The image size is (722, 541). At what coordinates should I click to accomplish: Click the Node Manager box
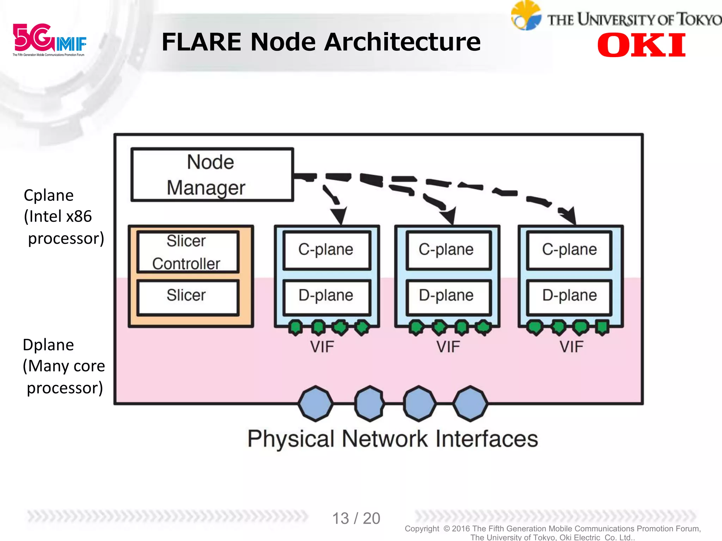[212, 175]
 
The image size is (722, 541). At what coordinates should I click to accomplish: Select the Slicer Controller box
[188, 252]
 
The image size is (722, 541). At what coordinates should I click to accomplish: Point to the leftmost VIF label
[322, 347]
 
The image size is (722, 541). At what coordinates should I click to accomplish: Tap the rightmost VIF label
[571, 347]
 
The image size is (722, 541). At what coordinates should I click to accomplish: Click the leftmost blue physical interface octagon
[316, 404]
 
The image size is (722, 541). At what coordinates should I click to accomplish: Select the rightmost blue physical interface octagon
[470, 404]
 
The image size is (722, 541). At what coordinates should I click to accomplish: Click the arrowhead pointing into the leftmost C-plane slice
[339, 215]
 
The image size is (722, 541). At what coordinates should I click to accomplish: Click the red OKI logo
[641, 45]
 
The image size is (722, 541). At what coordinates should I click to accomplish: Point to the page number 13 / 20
[356, 518]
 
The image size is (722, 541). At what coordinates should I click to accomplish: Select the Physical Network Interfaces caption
[392, 439]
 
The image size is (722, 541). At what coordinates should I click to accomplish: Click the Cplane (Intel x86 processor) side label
[63, 217]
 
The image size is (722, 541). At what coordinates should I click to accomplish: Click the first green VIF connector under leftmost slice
[295, 327]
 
